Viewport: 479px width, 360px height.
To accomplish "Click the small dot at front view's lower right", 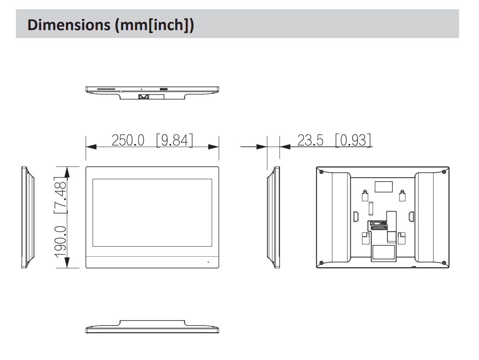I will [x=208, y=262].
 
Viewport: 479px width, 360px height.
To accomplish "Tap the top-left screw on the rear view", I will [x=321, y=172].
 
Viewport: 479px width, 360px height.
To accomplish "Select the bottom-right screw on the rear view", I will [x=443, y=262].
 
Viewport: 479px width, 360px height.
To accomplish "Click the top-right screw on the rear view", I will [x=443, y=172].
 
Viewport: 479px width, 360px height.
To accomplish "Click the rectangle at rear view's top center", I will [x=383, y=187].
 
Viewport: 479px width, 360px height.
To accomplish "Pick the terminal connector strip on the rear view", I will [x=377, y=226].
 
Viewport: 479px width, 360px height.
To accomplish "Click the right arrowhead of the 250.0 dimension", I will [x=213, y=147].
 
